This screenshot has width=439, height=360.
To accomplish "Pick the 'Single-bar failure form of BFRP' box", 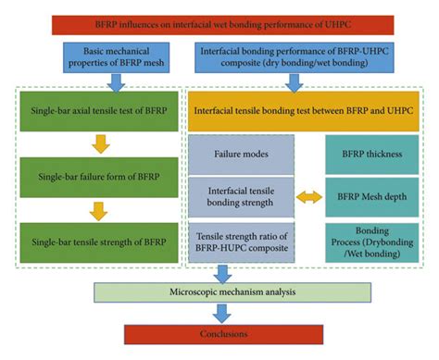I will click(98, 177).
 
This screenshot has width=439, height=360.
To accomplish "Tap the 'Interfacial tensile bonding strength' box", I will click(242, 196).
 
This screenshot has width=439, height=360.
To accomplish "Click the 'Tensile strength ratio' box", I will click(242, 242).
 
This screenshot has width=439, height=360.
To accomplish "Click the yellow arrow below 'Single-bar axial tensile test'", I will click(98, 143).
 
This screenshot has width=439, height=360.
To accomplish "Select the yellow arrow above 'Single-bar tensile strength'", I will click(98, 209).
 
